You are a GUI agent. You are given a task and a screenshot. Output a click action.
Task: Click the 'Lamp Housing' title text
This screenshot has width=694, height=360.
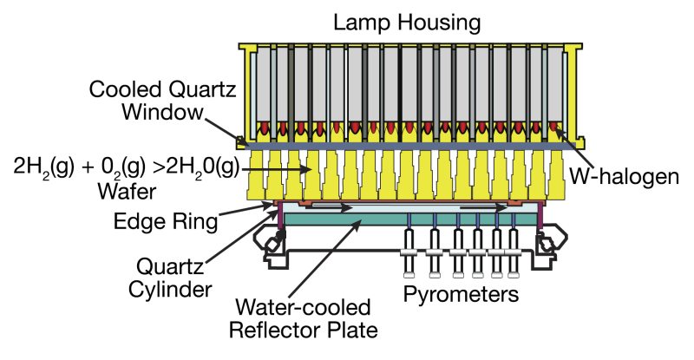tap(409, 21)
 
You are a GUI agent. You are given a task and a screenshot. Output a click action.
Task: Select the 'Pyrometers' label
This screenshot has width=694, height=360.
tap(462, 294)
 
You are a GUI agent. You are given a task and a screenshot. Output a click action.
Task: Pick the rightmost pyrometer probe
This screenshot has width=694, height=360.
tap(514, 247)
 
